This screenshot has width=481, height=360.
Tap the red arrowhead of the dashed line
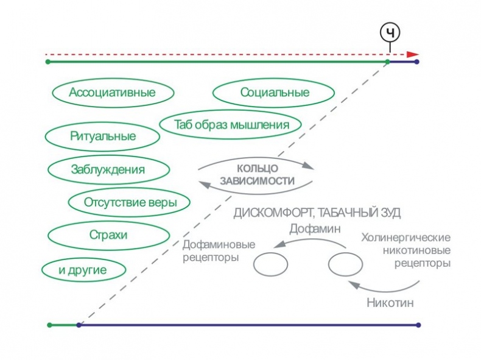[414, 54]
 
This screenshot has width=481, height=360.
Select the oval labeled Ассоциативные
[112, 93]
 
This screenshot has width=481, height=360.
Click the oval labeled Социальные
[274, 93]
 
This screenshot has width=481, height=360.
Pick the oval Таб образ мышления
[230, 125]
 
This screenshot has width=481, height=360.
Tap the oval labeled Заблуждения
[108, 169]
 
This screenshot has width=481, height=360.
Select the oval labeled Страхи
[108, 235]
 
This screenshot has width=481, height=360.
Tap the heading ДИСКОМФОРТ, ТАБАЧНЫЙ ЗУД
[317, 213]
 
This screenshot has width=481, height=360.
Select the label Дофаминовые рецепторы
[219, 251]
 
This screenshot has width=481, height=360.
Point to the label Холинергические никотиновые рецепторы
[406, 250]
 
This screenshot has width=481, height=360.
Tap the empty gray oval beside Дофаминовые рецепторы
[270, 265]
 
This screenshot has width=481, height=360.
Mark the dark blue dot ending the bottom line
[418, 325]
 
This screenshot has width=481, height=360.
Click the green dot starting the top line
[48, 62]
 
